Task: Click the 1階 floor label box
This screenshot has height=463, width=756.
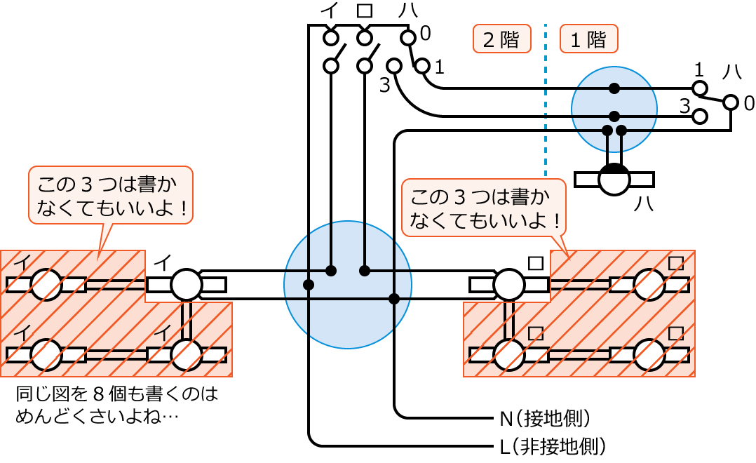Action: [588, 39]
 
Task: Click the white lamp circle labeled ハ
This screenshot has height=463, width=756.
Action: [614, 180]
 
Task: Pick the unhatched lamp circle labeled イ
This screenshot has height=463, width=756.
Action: [186, 285]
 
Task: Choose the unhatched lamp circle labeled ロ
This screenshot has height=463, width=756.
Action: [510, 285]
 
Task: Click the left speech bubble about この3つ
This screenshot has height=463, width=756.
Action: [109, 196]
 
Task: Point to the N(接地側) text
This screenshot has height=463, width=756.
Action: [544, 420]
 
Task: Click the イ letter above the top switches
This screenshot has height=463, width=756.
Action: [330, 12]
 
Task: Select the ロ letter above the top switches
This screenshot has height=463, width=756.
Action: [364, 12]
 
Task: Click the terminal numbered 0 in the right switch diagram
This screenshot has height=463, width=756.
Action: [731, 103]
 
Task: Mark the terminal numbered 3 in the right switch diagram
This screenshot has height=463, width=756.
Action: [699, 116]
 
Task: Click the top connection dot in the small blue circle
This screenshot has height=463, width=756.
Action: [614, 88]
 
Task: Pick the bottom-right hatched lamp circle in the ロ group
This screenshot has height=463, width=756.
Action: [649, 355]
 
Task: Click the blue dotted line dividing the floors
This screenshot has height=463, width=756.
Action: [546, 98]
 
